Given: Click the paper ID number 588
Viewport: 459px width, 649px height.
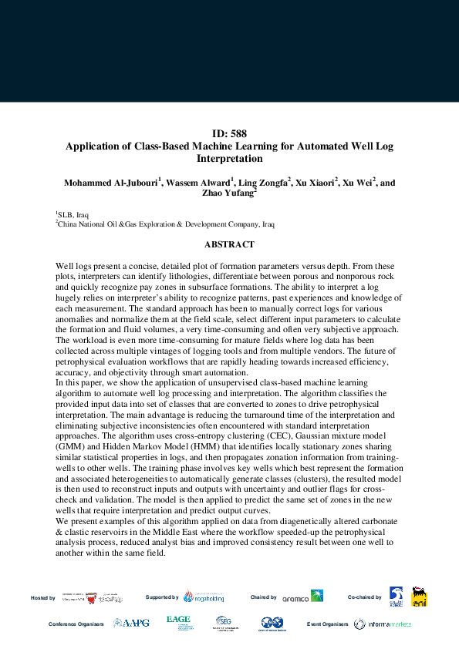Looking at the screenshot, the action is (x=228, y=133).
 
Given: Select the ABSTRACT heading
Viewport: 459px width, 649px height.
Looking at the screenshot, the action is (x=229, y=244).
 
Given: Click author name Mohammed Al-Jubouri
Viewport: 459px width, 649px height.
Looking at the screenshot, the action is (x=110, y=183).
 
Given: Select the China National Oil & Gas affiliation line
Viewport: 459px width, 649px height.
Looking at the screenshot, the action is (x=165, y=224).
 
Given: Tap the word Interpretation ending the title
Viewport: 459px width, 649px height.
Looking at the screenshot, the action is (x=230, y=159).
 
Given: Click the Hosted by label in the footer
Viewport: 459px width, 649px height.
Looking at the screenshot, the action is (x=42, y=597).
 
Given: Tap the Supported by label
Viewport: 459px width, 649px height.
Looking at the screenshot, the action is (x=162, y=597).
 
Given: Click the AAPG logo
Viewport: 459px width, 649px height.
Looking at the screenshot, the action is (x=128, y=623).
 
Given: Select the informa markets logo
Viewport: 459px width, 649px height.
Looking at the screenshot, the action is (x=383, y=624).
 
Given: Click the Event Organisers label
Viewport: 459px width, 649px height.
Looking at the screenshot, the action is (x=328, y=624).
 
